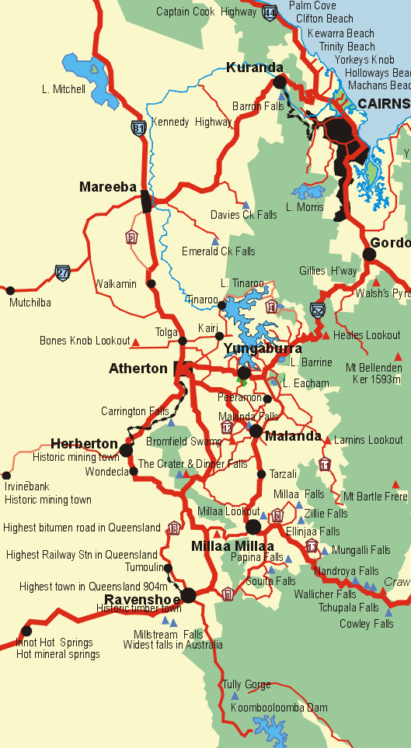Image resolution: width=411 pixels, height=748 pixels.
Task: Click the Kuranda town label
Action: pos(255,68)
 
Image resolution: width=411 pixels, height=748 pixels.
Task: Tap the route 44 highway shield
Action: pos(270,12)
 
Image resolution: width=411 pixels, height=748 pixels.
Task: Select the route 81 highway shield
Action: pos(138,128)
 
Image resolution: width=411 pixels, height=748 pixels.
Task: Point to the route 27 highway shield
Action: pos(62,272)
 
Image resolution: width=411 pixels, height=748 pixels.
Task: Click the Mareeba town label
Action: pos(108,187)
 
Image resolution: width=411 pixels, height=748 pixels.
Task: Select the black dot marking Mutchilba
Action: pos(10,291)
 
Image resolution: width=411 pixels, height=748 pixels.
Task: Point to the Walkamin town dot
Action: pos(152,283)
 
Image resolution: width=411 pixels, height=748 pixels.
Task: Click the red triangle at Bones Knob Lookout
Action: pos(136,341)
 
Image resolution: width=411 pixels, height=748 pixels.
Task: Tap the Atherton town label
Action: pos(138,369)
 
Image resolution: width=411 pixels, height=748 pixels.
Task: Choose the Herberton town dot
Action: pos(126,449)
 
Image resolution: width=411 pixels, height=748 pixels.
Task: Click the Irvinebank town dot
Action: pos(6,475)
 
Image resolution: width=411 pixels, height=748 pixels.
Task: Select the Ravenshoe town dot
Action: pos(188,596)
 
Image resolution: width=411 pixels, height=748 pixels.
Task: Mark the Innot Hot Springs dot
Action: pos(26,631)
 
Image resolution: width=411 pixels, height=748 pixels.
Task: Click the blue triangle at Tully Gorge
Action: pos(235,695)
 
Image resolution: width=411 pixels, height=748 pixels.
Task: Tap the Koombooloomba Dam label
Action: pos(274,708)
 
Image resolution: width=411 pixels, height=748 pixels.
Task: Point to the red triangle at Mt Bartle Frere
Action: pos(397,483)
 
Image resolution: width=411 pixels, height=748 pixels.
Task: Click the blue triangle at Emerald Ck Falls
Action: pos(215,241)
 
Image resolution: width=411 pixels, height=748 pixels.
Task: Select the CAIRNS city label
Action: pos(384,103)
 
